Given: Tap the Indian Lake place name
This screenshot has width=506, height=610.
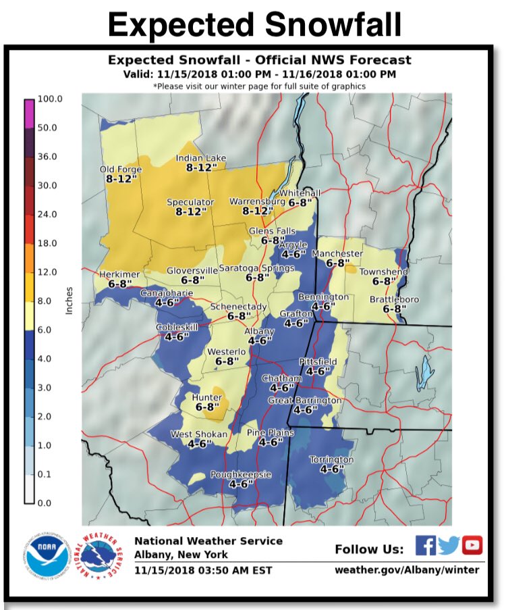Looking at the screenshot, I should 200,158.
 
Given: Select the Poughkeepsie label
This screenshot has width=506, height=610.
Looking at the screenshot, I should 241,475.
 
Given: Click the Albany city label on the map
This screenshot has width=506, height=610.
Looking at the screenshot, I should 259,331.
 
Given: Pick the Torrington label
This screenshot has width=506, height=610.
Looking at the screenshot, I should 331,459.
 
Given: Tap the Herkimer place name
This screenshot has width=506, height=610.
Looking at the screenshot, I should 119,274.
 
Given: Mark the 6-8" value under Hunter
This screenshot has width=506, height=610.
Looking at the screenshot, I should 208,407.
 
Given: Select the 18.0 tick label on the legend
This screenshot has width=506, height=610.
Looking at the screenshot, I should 49,243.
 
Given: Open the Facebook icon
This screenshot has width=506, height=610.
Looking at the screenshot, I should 425,544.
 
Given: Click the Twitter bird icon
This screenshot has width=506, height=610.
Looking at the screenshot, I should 449,544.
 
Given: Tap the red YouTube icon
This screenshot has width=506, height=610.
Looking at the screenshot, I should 472,544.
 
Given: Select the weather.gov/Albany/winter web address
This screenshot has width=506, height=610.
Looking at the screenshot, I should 407,569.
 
